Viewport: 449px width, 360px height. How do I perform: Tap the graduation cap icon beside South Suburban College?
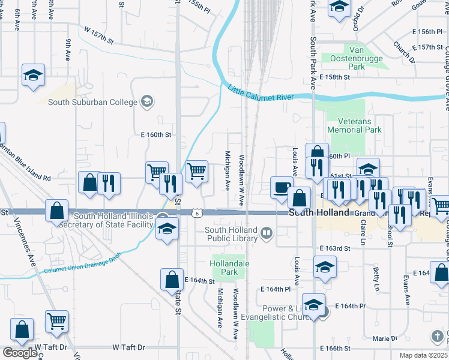tap(146, 101)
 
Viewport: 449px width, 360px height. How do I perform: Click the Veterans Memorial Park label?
tap(354, 125)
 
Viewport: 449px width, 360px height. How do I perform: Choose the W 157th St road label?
tap(99, 34)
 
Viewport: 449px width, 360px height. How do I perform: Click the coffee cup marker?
tap(281, 187)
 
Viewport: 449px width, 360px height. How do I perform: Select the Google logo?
tap(20, 353)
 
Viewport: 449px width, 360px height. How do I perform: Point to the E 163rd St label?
tap(335, 248)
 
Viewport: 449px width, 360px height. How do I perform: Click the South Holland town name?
tap(319, 213)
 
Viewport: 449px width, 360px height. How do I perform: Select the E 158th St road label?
tap(334, 77)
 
